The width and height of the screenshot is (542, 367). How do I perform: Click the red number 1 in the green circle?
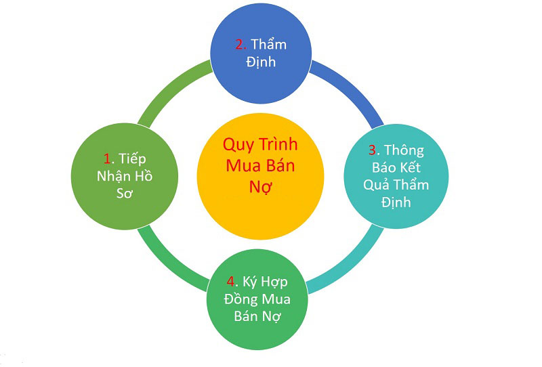(x=108, y=159)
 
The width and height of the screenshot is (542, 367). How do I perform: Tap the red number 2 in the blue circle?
(x=239, y=45)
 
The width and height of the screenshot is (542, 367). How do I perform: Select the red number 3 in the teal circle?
(x=373, y=150)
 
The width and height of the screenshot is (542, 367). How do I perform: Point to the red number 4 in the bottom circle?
(x=231, y=282)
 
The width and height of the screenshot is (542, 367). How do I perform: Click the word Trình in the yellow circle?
(x=279, y=144)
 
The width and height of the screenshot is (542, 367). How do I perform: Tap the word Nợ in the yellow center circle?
(x=261, y=187)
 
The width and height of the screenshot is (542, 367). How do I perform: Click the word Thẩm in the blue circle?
(x=268, y=44)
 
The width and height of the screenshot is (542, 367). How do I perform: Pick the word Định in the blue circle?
(x=261, y=62)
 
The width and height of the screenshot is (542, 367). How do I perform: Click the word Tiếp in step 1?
(x=132, y=158)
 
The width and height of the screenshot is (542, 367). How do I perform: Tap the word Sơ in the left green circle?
(x=125, y=194)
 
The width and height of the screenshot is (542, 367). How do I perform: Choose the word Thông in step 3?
(x=404, y=150)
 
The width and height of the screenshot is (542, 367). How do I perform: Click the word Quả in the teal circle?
(x=376, y=186)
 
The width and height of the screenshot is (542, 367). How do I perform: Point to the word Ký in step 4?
(x=249, y=282)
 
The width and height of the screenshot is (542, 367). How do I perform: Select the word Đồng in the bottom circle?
(x=241, y=299)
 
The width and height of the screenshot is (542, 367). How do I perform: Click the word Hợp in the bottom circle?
(x=274, y=282)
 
